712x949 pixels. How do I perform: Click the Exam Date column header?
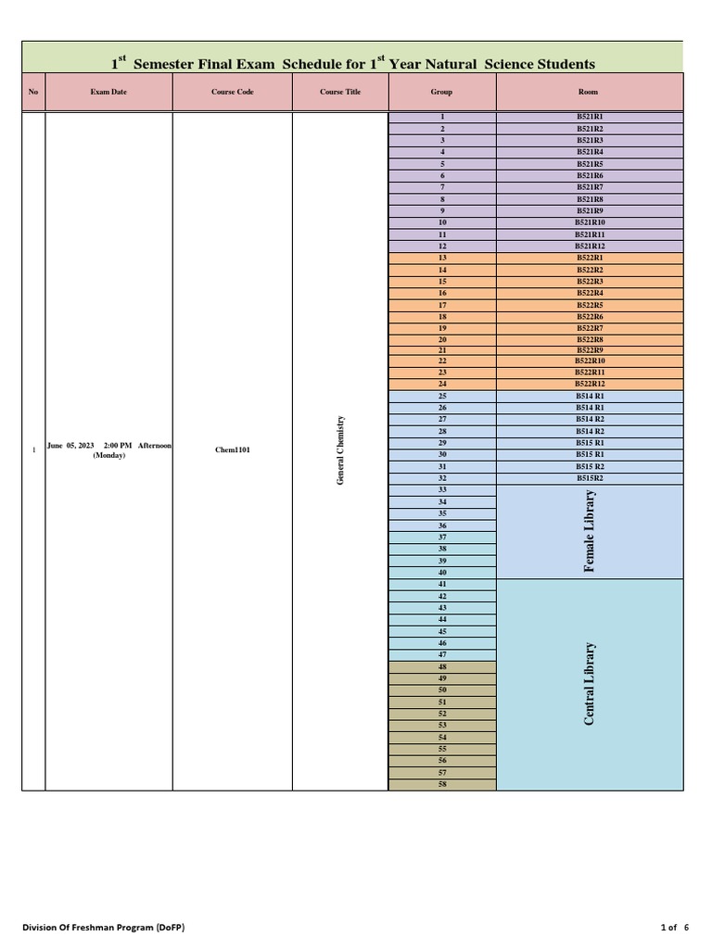108,93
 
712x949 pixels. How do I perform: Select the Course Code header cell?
232,93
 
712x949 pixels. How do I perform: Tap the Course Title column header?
340,93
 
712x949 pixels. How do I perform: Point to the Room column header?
589,93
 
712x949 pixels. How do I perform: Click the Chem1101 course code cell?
232,450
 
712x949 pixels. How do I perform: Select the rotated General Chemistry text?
340,449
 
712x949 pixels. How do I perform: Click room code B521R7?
590,187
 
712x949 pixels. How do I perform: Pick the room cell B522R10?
590,361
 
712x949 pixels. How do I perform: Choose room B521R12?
590,247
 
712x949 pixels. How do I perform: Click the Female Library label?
590,531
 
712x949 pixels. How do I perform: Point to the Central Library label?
590,684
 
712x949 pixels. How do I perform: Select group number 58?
442,784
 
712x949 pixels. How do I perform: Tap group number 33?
442,490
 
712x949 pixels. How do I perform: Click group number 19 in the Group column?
442,328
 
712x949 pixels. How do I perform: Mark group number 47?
442,654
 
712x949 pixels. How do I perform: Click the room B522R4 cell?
590,293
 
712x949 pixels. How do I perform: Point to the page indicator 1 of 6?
675,928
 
